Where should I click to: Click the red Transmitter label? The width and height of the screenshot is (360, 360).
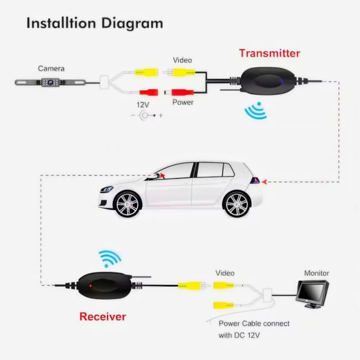270,53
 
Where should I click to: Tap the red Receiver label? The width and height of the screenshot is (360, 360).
102,317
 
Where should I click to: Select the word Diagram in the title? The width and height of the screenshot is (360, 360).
132,24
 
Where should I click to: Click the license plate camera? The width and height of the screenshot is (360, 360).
50,82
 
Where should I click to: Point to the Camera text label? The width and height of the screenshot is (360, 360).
51,69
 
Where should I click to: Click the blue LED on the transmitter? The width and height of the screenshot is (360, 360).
282,81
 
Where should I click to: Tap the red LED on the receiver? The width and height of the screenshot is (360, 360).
91,286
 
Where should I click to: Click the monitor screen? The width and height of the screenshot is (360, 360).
310,291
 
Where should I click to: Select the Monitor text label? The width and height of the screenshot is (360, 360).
316,273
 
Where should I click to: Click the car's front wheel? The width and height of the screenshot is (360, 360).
127,204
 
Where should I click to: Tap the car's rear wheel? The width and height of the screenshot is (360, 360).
236,204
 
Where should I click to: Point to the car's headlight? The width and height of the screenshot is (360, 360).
107,189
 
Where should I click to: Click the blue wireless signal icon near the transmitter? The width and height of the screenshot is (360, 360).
255,111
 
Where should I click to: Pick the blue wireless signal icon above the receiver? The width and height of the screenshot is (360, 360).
110,259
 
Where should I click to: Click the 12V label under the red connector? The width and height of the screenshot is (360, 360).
143,105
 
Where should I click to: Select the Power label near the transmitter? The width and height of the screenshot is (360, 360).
183,102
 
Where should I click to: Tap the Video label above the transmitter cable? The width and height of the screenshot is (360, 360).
182,60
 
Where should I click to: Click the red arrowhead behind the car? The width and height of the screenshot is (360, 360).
264,182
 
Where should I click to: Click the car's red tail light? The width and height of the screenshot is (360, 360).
255,181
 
